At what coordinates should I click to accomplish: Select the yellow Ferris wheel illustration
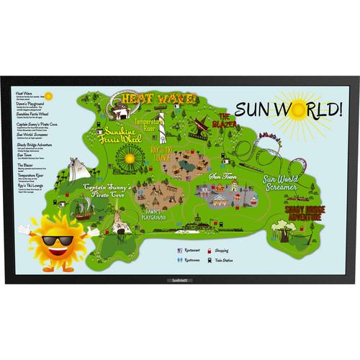click(130, 157)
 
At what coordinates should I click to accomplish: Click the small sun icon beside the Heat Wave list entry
click(48, 95)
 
